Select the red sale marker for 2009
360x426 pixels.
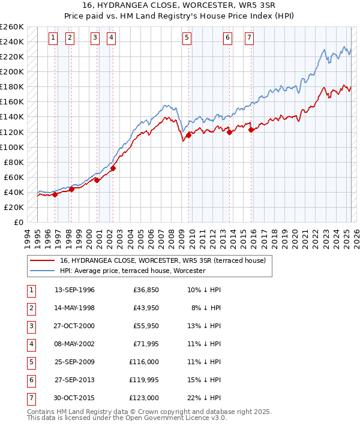pos(188,135)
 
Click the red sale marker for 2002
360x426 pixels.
pos(113,168)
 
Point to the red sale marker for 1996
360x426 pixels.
pos(55,194)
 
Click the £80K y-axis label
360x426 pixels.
pos(13,162)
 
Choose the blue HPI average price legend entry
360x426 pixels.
pos(132,271)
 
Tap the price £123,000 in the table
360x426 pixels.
pos(144,398)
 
